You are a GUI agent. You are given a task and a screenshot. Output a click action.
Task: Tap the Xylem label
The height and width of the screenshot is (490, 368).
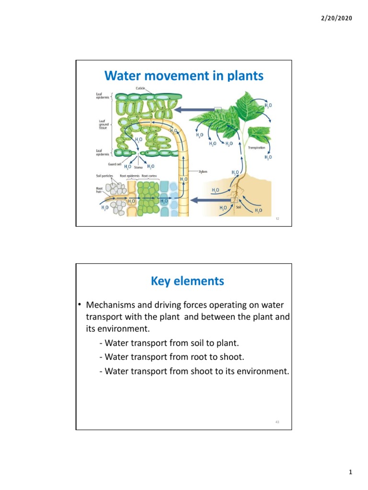203,171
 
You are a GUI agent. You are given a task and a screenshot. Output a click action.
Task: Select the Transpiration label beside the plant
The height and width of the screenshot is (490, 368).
257,148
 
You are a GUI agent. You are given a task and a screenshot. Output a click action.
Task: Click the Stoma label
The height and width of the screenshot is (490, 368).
138,168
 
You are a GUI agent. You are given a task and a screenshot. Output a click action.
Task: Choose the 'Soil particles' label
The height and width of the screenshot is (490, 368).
104,176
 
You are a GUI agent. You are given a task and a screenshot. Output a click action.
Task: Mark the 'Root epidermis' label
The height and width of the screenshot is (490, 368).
129,176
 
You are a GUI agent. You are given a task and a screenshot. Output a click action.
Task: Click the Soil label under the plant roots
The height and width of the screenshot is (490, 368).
239,207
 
